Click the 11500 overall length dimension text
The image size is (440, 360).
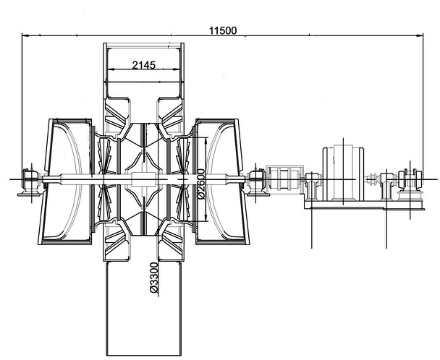pos(223,30)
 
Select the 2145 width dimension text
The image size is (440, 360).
pos(144,65)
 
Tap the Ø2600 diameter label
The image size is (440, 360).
pos(201,184)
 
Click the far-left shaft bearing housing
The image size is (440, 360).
pos(30,181)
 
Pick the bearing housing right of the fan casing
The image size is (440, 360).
pos(256,181)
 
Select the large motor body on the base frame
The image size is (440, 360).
pos(343,173)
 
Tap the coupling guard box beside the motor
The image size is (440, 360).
pos(285,179)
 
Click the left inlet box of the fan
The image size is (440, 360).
pos(67,181)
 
